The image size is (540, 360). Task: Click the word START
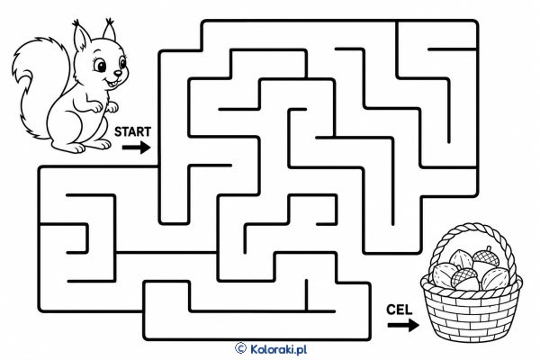pos(132,131)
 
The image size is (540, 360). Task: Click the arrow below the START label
pos(137,148)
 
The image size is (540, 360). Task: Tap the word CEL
pos(399,310)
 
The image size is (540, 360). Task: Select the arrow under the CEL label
pos(403,325)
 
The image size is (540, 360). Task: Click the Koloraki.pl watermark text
pos(278,349)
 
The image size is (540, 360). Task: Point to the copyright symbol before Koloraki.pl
pos(240,348)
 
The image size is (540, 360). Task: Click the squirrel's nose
pos(118,73)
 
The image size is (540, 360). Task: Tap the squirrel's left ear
pos(81,36)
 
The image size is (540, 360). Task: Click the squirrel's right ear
pos(110,30)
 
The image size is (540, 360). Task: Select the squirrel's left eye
pos(100,65)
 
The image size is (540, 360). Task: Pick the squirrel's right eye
pos(122,63)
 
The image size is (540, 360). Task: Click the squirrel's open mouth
pos(112,83)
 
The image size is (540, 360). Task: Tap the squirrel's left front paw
pos(96,107)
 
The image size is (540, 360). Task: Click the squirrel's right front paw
pos(112,107)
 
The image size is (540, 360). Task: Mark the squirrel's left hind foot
pos(75,147)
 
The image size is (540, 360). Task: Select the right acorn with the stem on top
pos(486,256)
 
